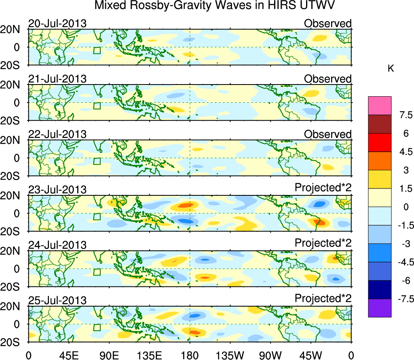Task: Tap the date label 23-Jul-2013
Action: [57, 190]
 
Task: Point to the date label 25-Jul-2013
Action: [57, 301]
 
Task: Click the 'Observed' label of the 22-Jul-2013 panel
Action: [327, 134]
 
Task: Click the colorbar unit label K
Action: [391, 69]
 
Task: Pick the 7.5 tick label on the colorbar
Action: [402, 115]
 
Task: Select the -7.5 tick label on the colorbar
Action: [402, 299]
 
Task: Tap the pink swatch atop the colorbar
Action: [380, 106]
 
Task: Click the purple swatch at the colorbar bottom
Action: [380, 308]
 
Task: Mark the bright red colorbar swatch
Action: [380, 142]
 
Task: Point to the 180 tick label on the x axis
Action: [190, 355]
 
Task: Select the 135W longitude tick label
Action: [230, 355]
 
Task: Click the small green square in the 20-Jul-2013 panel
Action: [97, 51]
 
